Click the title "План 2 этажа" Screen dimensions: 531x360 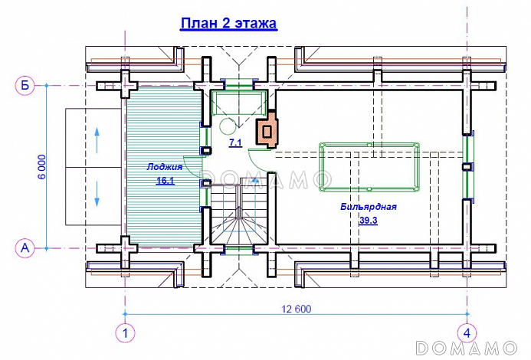tap(228, 24)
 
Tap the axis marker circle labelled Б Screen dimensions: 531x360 tap(25, 86)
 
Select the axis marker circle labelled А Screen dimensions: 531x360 tap(25, 248)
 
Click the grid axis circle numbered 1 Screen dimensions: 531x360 tap(125, 333)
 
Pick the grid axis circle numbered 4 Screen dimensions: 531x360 tap(467, 333)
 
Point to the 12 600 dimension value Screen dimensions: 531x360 tap(297, 309)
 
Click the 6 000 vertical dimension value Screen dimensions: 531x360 tap(42, 167)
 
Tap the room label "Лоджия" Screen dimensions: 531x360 tap(165, 167)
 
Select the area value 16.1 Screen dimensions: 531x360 tap(166, 181)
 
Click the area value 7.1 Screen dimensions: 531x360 tap(235, 142)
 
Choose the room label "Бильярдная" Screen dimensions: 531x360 tap(369, 207)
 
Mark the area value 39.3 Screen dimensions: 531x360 tap(369, 221)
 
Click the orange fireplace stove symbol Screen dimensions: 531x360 tap(267, 129)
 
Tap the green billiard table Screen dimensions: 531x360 tap(369, 167)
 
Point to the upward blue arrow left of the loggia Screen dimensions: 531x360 tap(97, 140)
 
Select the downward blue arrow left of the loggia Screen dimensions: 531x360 tap(97, 194)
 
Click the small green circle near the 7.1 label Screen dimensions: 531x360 tap(228, 126)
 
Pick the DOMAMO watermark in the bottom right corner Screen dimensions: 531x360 tap(467, 349)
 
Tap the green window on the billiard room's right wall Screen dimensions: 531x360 tap(468, 166)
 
